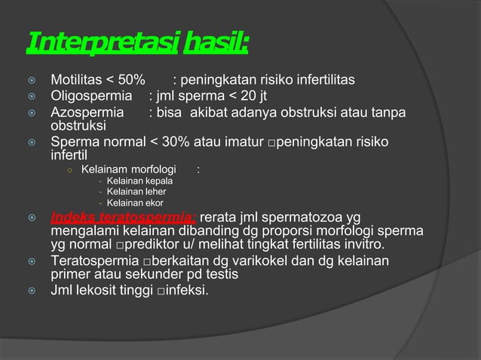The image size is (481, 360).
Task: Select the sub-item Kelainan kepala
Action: pos(140,182)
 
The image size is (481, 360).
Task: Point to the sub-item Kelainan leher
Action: pos(137,192)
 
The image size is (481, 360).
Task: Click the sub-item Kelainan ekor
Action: pos(135,203)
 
